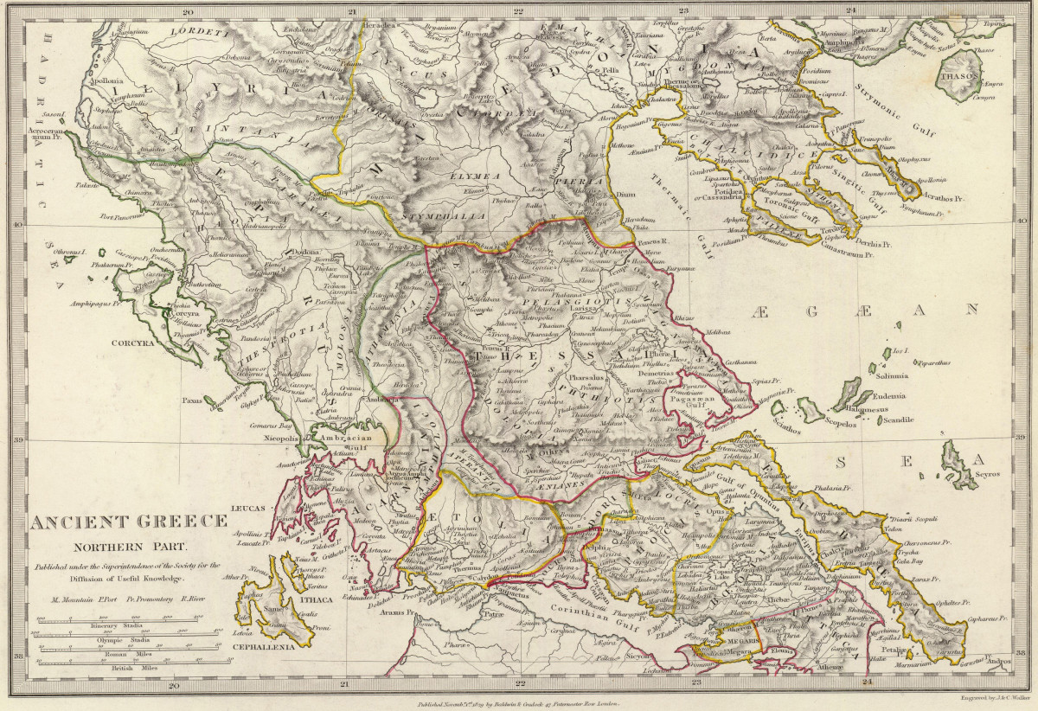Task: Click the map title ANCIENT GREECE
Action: [130, 522]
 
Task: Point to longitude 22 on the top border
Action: [519, 11]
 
